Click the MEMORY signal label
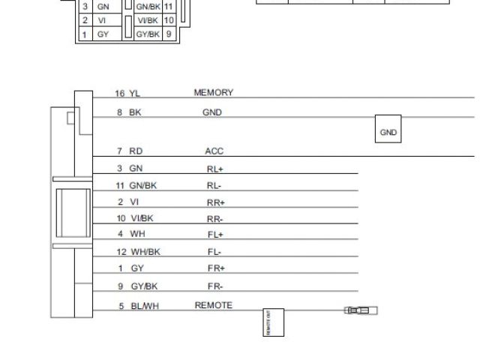point(214,93)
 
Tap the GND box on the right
point(388,132)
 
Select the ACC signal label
point(214,151)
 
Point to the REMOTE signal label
point(214,305)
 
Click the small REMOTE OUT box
point(274,322)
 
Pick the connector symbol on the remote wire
point(361,310)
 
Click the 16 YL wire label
point(127,94)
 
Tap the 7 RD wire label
point(129,151)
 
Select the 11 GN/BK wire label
point(135,184)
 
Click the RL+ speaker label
point(215,169)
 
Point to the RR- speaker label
point(215,219)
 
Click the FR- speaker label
point(215,286)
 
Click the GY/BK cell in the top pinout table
point(148,34)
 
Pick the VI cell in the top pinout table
point(103,20)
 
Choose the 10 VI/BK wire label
point(135,218)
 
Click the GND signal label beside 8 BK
point(212,112)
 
